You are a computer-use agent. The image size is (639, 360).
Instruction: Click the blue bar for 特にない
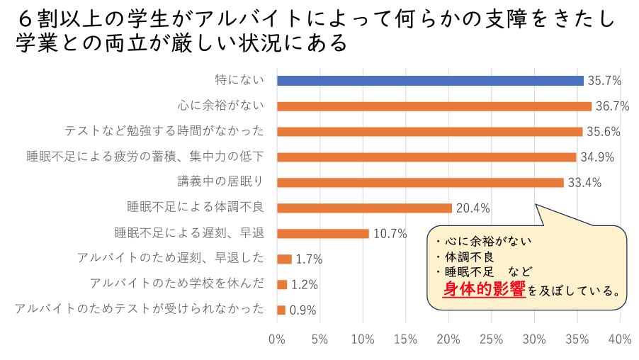click(430, 81)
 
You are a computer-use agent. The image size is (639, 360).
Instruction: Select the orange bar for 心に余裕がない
click(434, 106)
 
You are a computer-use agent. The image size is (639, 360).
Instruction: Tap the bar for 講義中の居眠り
click(420, 183)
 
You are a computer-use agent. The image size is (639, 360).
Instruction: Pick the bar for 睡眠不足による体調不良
click(364, 208)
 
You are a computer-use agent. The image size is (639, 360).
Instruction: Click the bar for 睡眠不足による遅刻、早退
click(323, 234)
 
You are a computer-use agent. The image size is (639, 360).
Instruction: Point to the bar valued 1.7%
click(284, 259)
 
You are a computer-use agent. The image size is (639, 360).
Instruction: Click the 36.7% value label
click(613, 106)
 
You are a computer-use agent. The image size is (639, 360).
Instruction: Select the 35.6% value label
click(604, 132)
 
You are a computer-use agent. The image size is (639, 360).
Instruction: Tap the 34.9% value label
click(598, 157)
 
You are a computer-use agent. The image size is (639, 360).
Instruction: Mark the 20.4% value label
click(473, 208)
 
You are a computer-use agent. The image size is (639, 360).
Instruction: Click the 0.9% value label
click(302, 310)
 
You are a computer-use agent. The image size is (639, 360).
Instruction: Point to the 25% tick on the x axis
click(492, 339)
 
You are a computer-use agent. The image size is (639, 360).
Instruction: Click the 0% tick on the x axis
click(277, 339)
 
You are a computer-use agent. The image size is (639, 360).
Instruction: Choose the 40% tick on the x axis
click(620, 339)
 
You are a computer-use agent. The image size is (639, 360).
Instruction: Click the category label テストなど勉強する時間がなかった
click(164, 132)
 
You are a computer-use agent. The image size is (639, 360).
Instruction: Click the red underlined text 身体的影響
click(485, 288)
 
